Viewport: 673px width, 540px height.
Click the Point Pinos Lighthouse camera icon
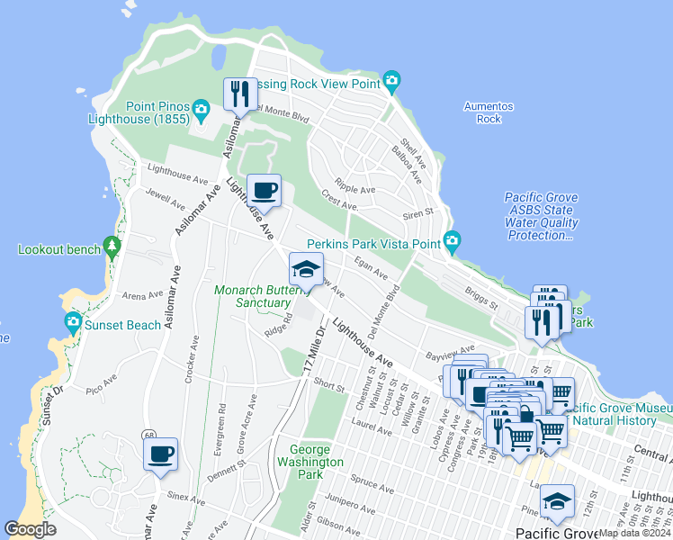201,111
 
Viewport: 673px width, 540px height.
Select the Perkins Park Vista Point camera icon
452,241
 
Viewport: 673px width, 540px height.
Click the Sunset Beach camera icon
73,322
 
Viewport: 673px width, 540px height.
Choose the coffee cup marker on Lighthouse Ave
264,191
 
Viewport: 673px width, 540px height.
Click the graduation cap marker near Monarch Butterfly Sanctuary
306,269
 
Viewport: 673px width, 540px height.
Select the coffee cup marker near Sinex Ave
161,454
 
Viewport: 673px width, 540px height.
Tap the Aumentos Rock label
489,112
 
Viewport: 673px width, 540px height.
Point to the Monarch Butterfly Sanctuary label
250,296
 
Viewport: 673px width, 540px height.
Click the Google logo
31,528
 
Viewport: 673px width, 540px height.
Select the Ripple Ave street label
354,190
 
